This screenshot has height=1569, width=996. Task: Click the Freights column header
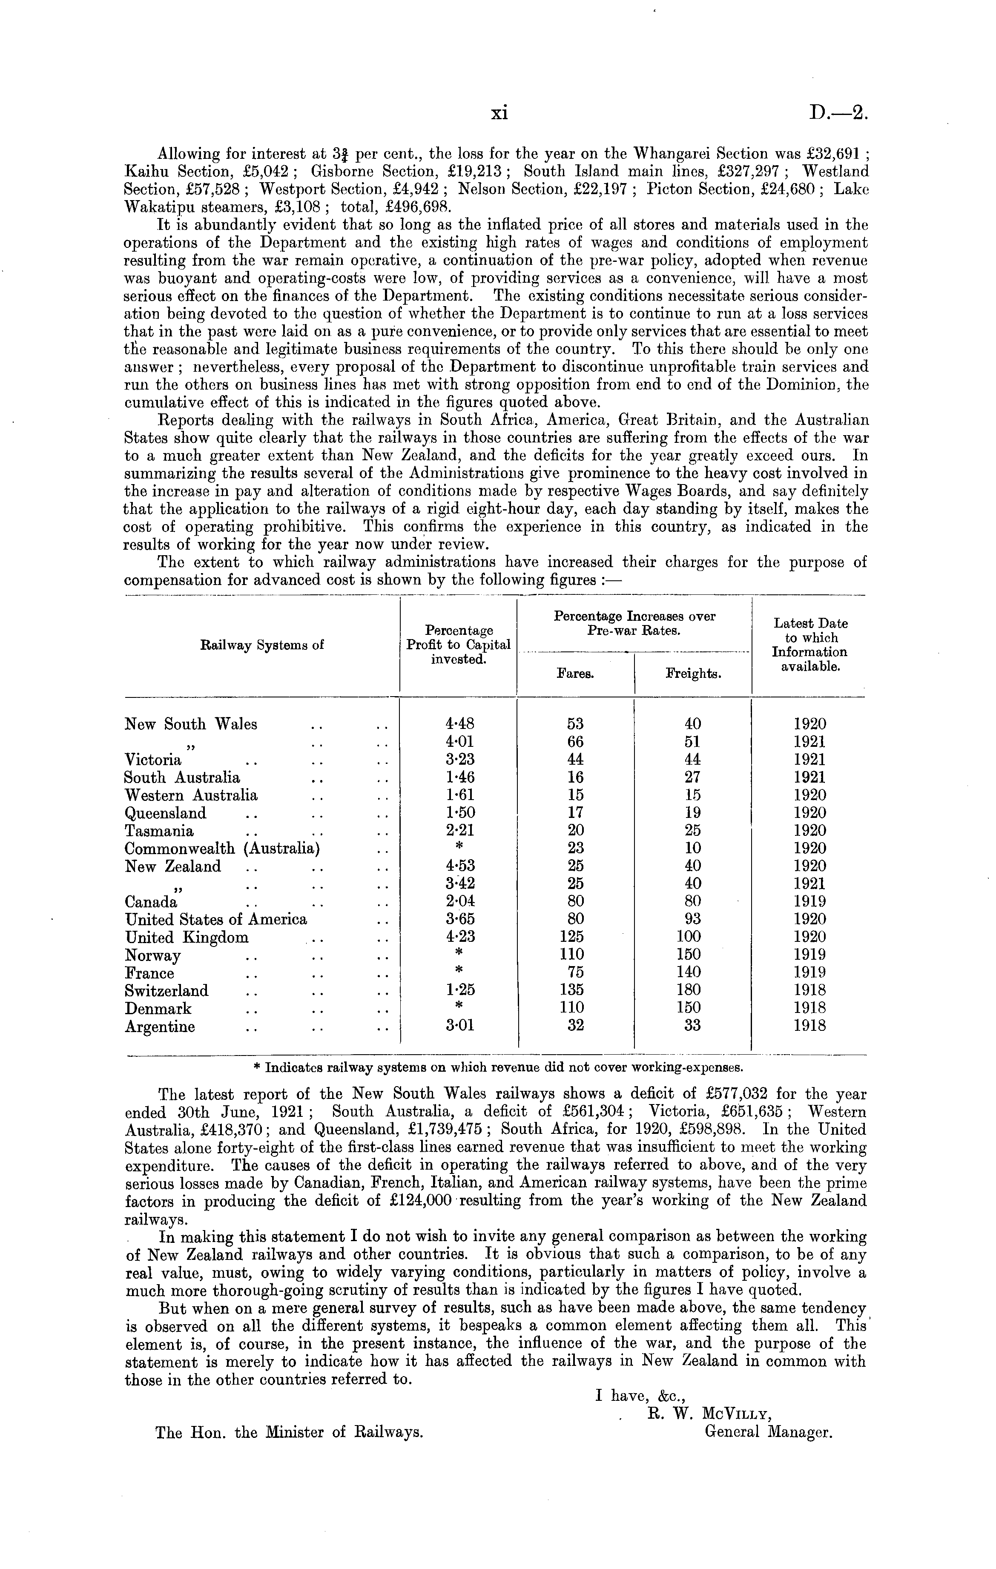693,674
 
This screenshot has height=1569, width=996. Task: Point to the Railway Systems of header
262,646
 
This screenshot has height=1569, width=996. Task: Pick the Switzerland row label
167,991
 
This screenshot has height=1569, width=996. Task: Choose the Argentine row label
160,1027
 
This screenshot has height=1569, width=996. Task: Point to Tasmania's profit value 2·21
459,831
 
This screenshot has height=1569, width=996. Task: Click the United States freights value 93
692,919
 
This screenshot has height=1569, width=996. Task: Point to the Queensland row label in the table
166,813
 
